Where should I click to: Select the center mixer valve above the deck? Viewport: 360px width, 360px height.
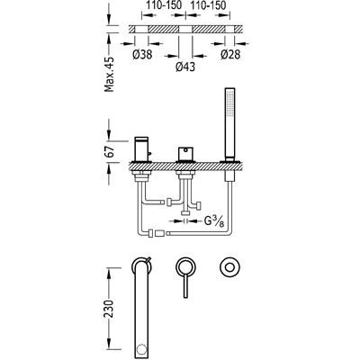pyautogui.click(x=185, y=150)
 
